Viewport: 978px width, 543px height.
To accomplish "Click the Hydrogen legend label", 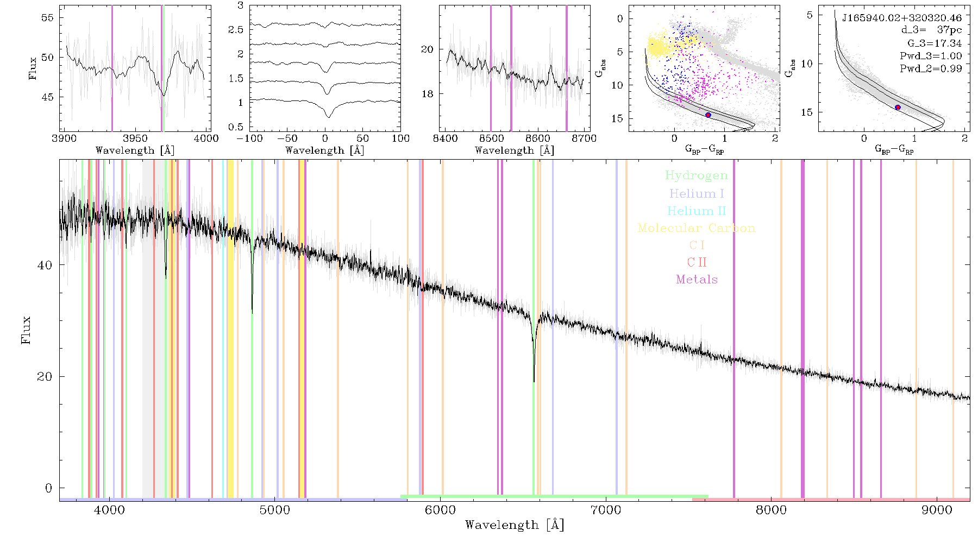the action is (x=696, y=176).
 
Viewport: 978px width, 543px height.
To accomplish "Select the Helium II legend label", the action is (x=697, y=211).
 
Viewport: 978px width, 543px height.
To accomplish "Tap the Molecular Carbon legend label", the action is (x=697, y=228).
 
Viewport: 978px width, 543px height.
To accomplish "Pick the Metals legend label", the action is (x=697, y=280).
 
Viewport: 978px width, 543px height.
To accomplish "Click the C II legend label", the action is (x=697, y=262).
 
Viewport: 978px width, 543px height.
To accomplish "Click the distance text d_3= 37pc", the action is (x=931, y=30).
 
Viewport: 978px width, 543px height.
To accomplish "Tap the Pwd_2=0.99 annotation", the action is (x=931, y=68).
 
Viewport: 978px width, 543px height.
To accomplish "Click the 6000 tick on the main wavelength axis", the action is (x=440, y=510).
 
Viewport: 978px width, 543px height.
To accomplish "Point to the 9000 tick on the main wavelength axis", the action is (x=937, y=510).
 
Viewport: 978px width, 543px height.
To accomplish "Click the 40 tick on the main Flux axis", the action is (x=45, y=265).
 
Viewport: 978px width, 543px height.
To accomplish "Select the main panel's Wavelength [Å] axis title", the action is (x=515, y=525).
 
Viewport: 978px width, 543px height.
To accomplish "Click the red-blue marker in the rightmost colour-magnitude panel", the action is (x=898, y=108).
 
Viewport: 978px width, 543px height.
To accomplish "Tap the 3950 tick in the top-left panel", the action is (x=135, y=138).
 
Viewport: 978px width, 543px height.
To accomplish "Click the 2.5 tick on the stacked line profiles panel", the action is (x=236, y=29).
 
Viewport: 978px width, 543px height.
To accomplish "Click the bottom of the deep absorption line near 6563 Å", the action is (x=534, y=382).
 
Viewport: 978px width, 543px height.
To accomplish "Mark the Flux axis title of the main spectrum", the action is (x=26, y=330).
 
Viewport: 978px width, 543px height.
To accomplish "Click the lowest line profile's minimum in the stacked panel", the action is (x=328, y=117).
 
